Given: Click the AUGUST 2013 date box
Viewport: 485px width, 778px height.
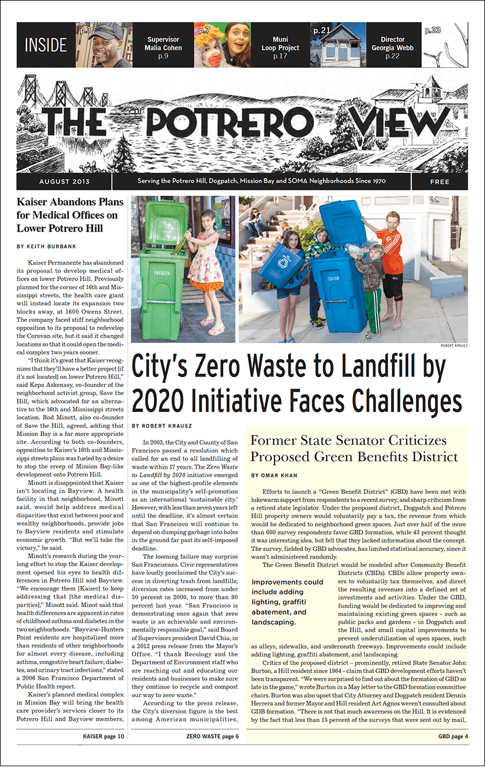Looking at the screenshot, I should (65, 182).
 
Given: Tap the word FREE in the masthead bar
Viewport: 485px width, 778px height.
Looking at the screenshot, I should (440, 182).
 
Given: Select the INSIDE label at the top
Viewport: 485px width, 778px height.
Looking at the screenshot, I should (46, 45).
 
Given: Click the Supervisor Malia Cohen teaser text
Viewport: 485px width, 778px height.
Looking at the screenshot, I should (163, 48).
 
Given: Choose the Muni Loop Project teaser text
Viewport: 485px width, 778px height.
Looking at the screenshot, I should (280, 48).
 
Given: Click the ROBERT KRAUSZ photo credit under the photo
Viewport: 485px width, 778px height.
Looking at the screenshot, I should (454, 346).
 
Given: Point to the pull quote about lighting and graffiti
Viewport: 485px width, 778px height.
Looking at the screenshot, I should (289, 602).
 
